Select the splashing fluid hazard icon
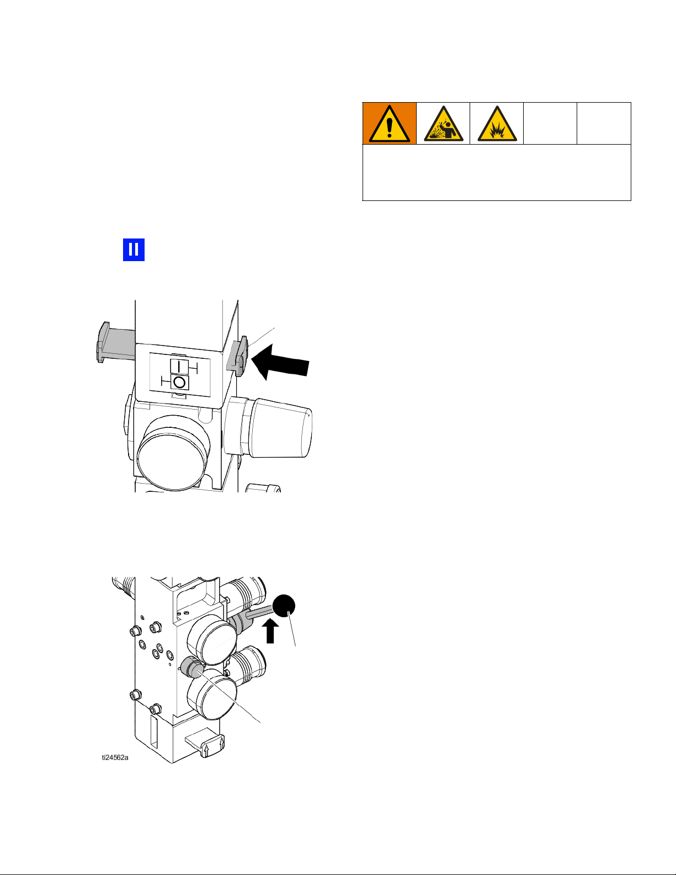444,124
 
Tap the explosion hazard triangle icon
497,124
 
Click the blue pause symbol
134,250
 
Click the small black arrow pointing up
270,631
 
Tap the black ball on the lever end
284,606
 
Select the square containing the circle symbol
179,381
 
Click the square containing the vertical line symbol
179,366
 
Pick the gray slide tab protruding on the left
115,342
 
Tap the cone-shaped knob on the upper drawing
281,428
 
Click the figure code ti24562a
115,757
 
